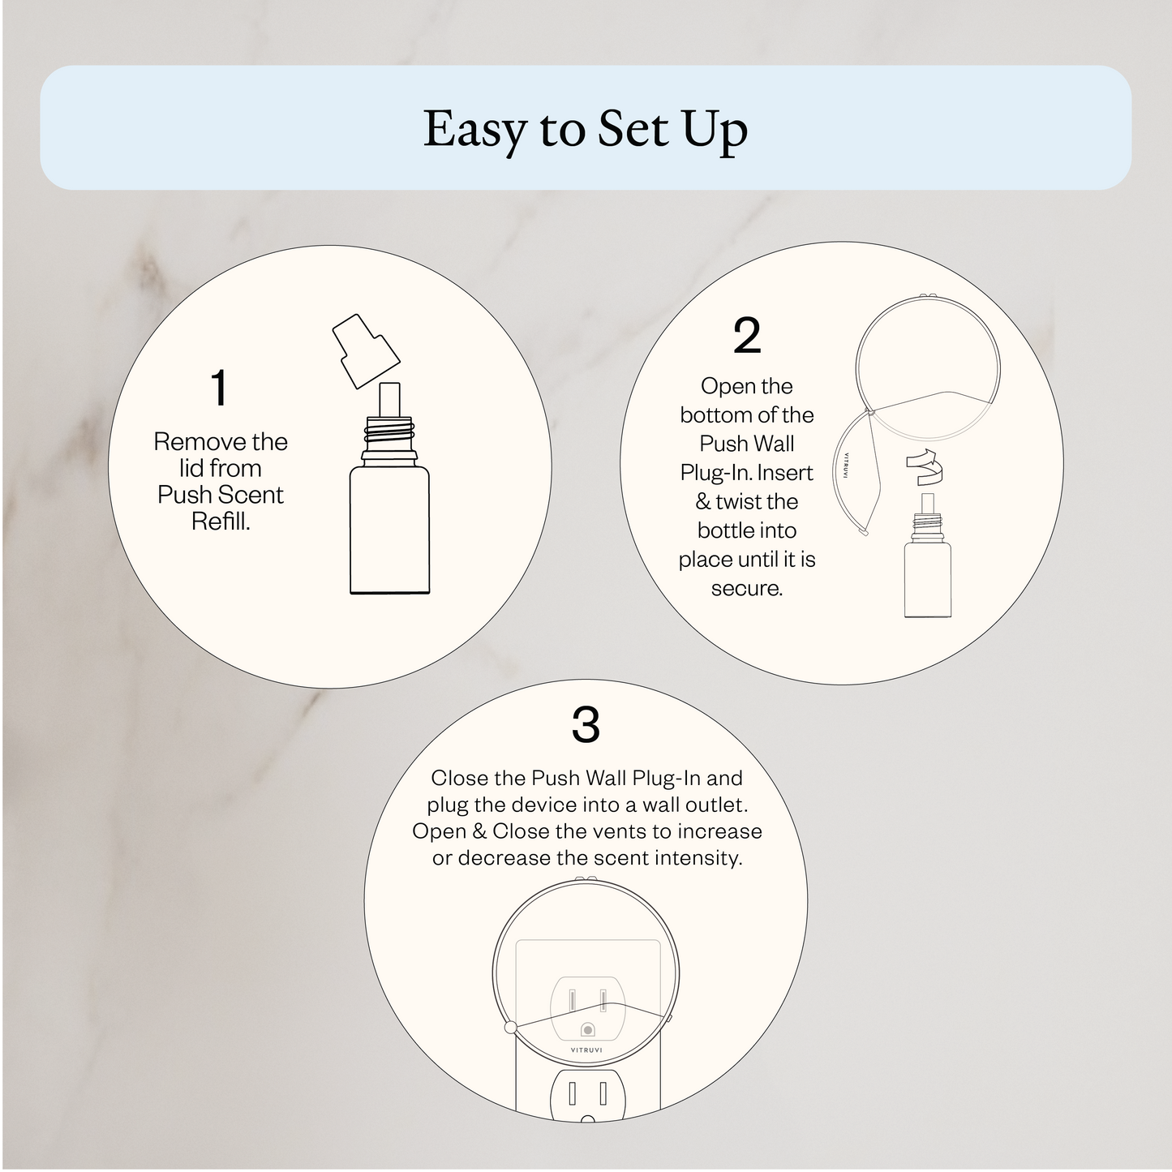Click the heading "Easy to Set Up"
tap(585, 129)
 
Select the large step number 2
tap(746, 336)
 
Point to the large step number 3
tap(585, 725)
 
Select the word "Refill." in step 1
tap(221, 521)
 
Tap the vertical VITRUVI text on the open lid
tap(846, 466)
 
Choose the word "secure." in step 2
tap(747, 588)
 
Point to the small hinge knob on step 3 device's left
tap(510, 1028)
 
